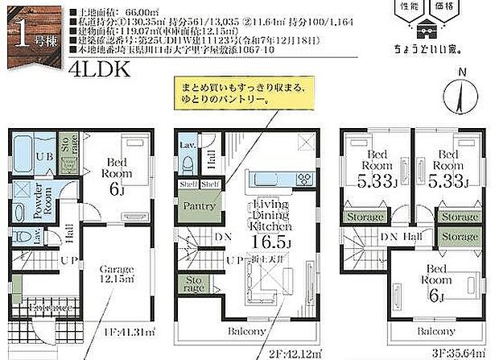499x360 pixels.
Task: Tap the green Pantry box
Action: click(x=198, y=205)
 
